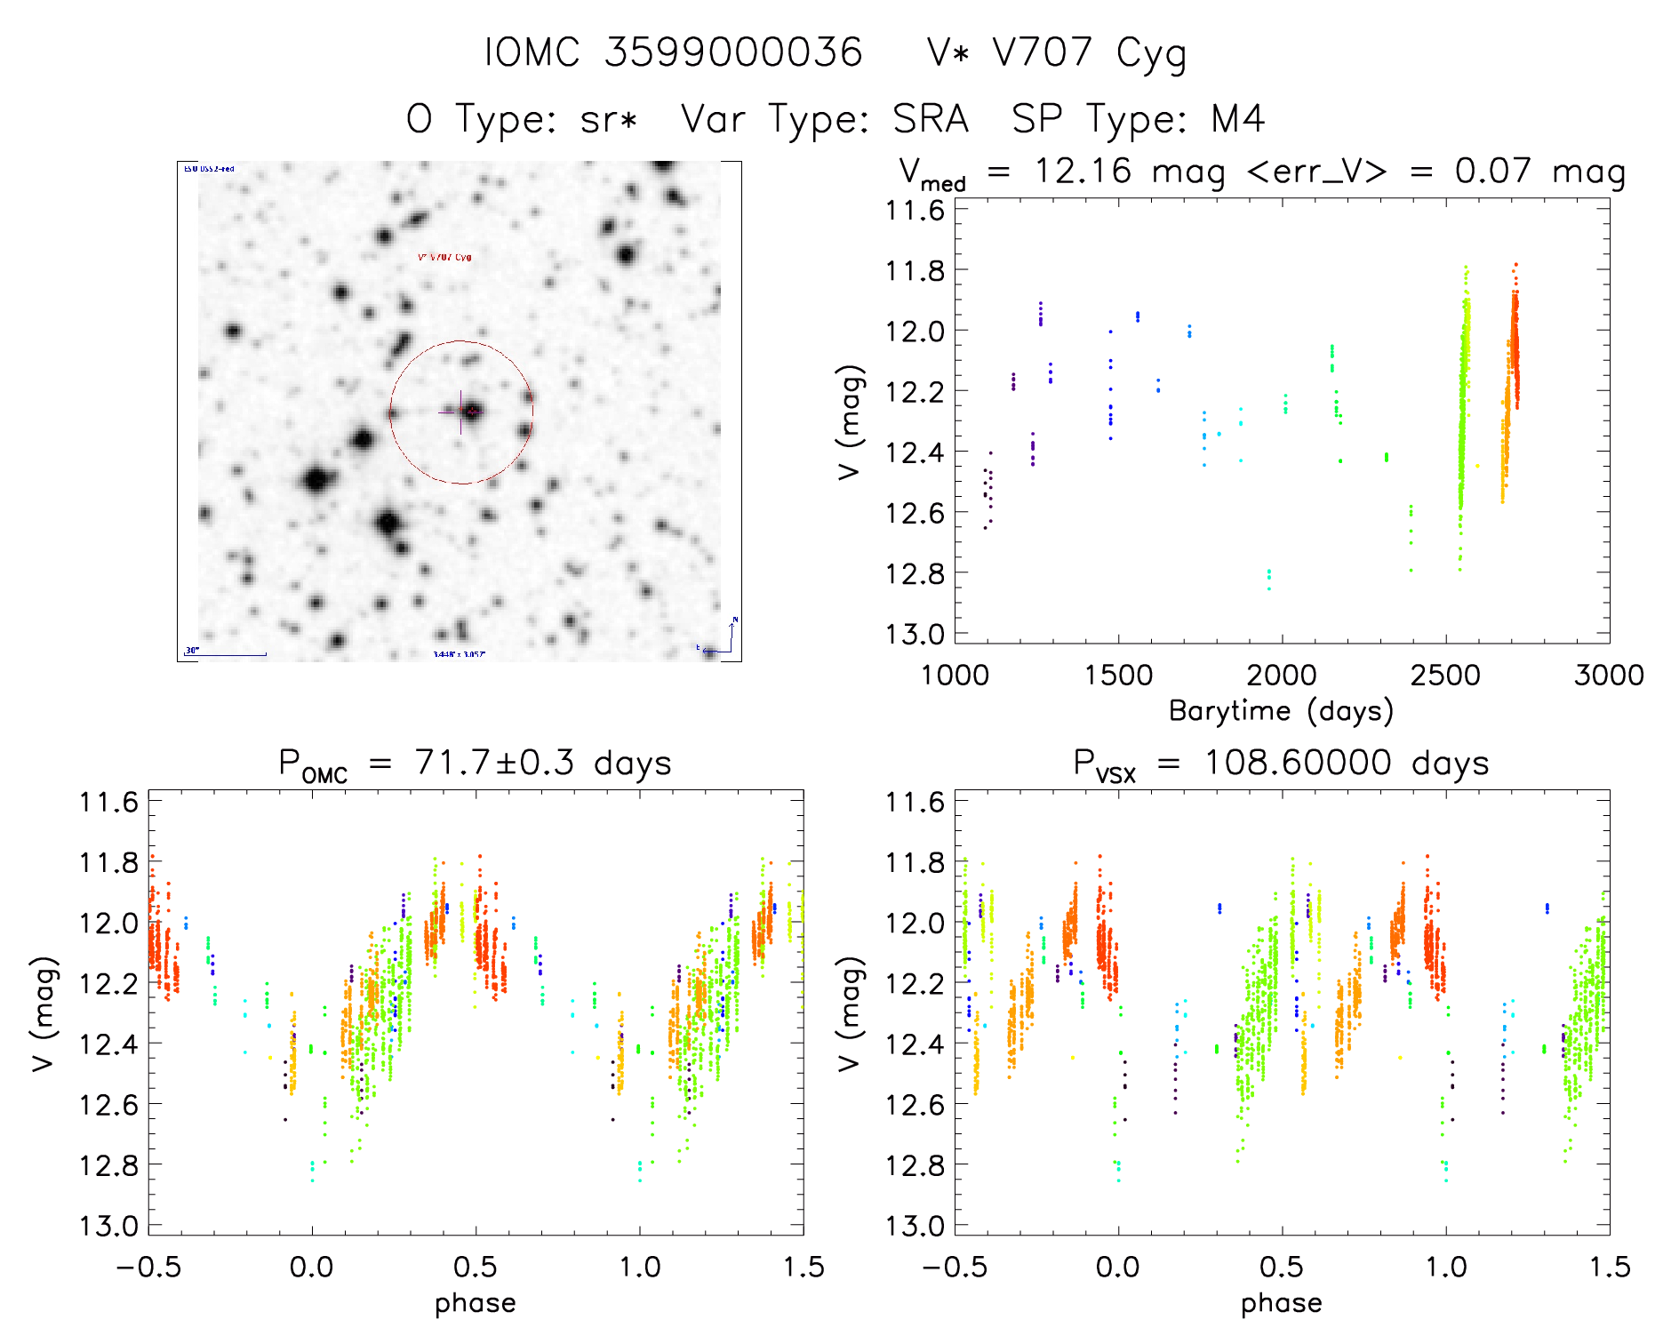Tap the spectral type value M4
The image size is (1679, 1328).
tap(1237, 119)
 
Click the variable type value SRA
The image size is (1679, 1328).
tap(931, 119)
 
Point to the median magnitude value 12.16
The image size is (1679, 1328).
tap(1083, 171)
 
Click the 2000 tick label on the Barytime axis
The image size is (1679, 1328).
tap(1281, 675)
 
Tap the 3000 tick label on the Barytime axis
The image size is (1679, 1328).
tap(1608, 675)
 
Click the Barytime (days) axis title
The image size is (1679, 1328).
tap(1281, 711)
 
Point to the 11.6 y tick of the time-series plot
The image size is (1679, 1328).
tap(915, 211)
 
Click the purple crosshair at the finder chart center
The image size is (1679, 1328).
tap(460, 412)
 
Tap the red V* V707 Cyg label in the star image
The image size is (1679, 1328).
tap(444, 257)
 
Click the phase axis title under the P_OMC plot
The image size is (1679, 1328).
tap(476, 1303)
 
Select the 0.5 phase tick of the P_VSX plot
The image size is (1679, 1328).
tap(1282, 1267)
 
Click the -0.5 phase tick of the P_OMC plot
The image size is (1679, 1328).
tap(148, 1267)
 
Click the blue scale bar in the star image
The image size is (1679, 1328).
tap(227, 655)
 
